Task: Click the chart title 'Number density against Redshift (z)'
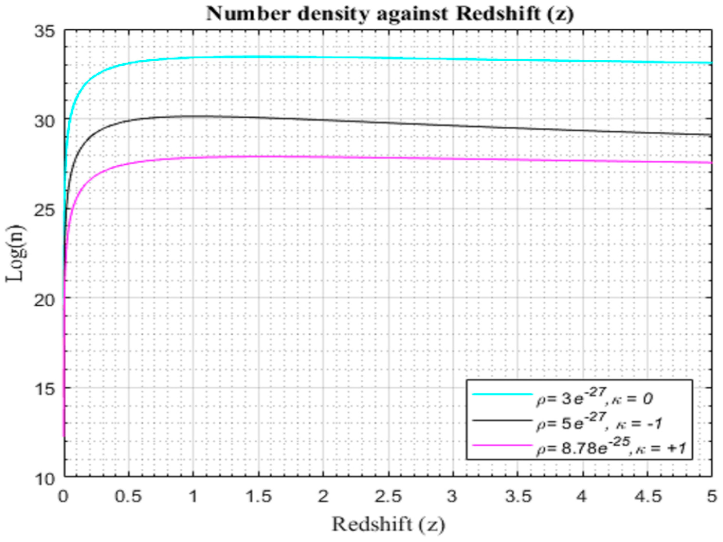click(x=390, y=14)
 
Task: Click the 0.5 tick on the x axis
click(x=128, y=497)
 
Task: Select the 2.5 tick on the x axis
click(x=388, y=497)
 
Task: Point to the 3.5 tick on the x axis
click(x=518, y=497)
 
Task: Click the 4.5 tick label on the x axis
click(x=648, y=497)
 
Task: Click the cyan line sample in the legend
click(x=502, y=395)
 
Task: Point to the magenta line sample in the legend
click(x=502, y=445)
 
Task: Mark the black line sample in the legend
click(x=502, y=420)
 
